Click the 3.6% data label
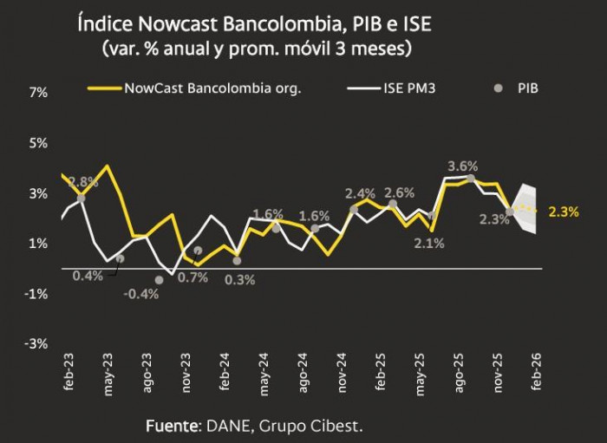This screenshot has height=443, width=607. pos(462,165)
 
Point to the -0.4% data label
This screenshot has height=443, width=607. pos(140,293)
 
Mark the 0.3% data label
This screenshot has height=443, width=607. pos(239,279)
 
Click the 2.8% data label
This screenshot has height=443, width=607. pos(83,182)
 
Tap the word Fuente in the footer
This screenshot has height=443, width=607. pos(172,426)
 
